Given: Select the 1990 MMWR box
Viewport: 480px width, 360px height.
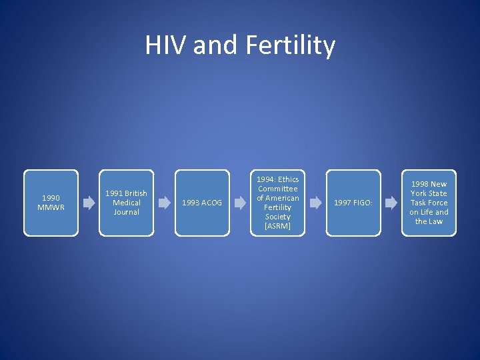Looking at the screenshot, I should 51,203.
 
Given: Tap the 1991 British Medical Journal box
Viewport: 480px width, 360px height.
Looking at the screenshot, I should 126,203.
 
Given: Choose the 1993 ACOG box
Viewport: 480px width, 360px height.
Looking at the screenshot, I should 202,203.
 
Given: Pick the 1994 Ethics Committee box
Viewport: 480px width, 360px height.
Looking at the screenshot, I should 277,203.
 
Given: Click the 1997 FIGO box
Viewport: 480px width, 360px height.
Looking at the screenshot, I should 353,203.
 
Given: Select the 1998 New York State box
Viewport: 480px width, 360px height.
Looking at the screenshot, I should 429,203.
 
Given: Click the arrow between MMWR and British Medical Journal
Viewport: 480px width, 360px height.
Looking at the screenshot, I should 89,203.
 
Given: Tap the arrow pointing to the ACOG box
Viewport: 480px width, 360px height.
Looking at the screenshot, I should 164,203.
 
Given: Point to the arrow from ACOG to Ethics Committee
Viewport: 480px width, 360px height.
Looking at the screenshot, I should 240,203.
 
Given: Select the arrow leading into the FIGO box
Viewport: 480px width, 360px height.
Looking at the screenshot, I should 315,203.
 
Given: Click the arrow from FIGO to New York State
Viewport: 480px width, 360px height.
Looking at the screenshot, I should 391,203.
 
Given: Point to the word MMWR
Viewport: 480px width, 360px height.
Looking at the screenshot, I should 51,207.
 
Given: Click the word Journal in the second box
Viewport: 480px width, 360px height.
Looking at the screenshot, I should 126,212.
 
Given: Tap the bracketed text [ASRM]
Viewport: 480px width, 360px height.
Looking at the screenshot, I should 277,226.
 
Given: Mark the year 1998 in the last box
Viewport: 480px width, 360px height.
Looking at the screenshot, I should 420,184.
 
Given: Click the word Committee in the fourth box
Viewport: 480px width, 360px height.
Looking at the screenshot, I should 277,189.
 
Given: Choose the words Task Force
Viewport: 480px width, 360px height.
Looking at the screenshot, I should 429,203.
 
